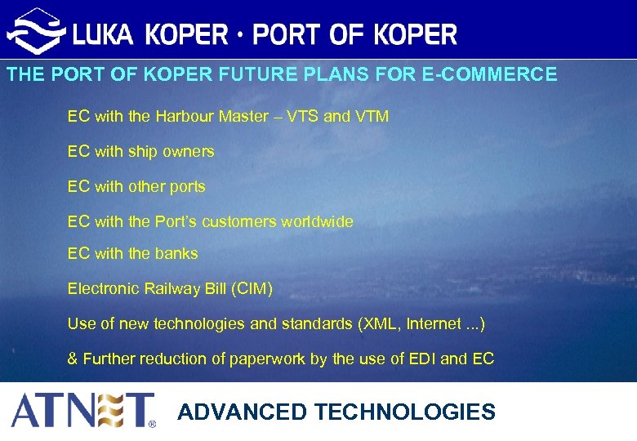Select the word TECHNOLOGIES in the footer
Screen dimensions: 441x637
(x=405, y=412)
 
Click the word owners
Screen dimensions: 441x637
(x=190, y=151)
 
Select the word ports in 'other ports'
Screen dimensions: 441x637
(x=187, y=186)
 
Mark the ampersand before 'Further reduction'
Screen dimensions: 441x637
(x=73, y=359)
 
